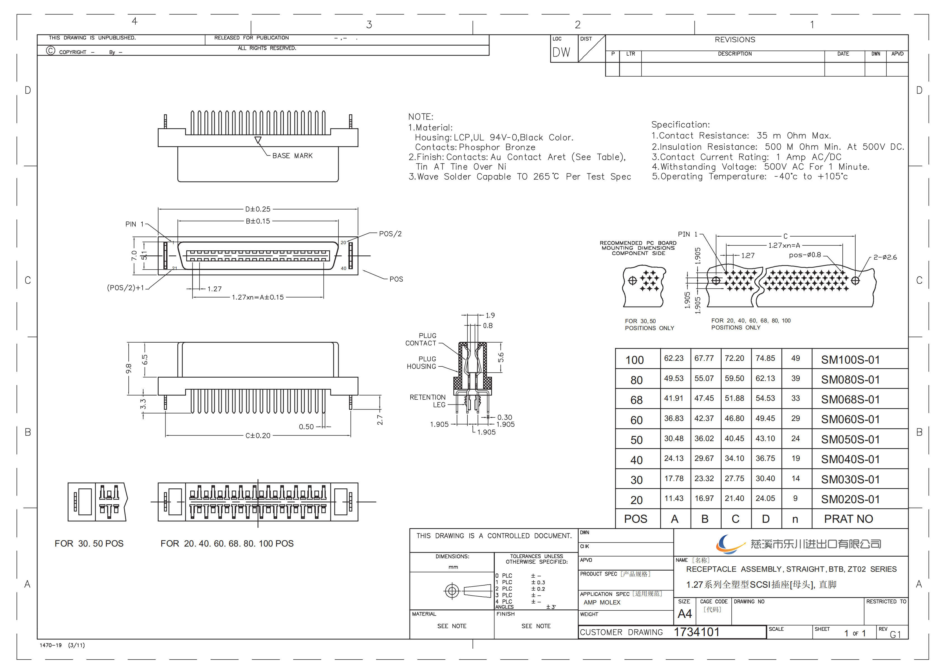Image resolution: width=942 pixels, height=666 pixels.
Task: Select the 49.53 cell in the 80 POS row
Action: (x=674, y=378)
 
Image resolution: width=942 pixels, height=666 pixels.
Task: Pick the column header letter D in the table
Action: (x=766, y=519)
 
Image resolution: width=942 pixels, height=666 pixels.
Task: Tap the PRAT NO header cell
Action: (x=849, y=519)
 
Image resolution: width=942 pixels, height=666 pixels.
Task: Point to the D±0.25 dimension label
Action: (x=258, y=209)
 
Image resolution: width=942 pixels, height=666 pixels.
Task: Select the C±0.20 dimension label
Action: (x=258, y=436)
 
